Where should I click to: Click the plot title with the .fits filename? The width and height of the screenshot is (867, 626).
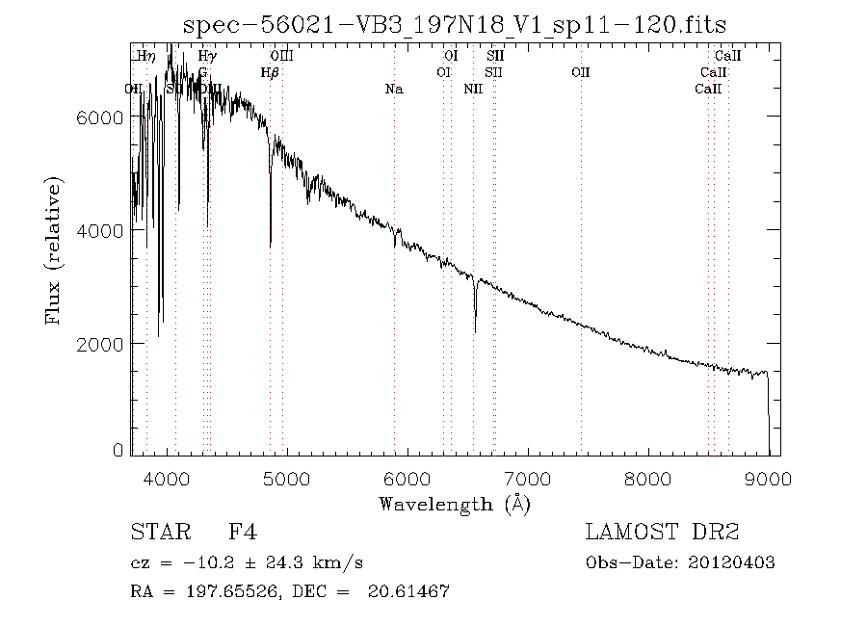point(455,24)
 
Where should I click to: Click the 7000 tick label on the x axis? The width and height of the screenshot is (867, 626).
point(528,479)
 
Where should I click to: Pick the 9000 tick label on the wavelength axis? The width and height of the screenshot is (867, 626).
point(768,479)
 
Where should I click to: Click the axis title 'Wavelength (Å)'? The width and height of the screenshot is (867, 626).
point(455,504)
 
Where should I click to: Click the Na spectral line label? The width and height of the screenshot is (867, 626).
point(394,90)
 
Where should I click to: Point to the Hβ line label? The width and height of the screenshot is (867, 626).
point(271,72)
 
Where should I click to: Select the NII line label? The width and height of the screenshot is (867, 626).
point(473,90)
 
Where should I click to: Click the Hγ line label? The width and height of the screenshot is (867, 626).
point(208,57)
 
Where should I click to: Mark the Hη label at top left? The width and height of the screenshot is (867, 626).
point(146,57)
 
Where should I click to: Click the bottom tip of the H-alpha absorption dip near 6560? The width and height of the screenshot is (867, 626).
point(475,332)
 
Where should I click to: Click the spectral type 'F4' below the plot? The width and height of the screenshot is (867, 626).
point(242,533)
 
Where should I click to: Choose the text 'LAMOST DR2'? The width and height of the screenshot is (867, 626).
point(662,533)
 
